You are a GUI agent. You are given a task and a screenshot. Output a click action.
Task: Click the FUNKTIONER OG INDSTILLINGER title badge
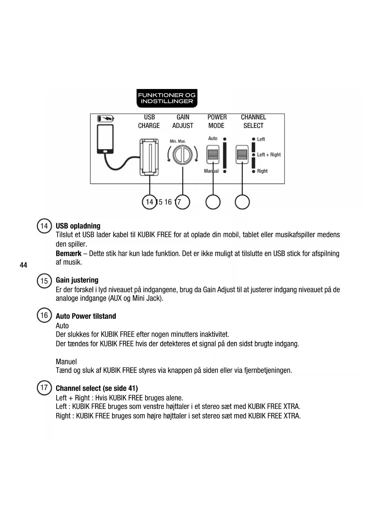click(167, 98)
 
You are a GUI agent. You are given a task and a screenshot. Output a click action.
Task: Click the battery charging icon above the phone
click(105, 118)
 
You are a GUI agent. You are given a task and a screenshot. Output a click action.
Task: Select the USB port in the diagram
click(149, 157)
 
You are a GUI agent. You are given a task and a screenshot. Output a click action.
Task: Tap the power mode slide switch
click(213, 154)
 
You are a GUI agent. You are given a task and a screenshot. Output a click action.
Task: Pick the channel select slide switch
click(242, 154)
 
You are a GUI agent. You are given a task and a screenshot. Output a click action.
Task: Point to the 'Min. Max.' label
click(178, 141)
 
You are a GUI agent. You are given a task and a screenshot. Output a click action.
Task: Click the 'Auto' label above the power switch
click(213, 138)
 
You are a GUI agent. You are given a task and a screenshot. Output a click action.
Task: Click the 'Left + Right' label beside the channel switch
click(269, 155)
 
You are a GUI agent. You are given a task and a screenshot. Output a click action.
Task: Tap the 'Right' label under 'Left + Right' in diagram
click(262, 171)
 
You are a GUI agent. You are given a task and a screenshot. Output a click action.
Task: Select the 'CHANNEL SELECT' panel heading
click(254, 121)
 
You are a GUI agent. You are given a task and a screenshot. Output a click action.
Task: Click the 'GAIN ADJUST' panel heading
click(183, 121)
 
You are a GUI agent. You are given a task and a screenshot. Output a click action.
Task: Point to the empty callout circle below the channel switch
click(242, 202)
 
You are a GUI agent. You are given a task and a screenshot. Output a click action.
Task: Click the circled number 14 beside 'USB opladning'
click(44, 226)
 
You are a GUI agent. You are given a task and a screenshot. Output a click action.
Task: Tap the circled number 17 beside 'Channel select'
click(44, 388)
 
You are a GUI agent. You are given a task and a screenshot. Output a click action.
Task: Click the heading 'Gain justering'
click(77, 280)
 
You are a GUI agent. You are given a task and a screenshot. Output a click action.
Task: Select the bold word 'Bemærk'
click(69, 253)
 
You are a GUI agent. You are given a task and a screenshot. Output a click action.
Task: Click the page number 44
click(23, 265)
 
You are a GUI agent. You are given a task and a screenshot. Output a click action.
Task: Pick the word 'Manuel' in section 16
click(66, 362)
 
